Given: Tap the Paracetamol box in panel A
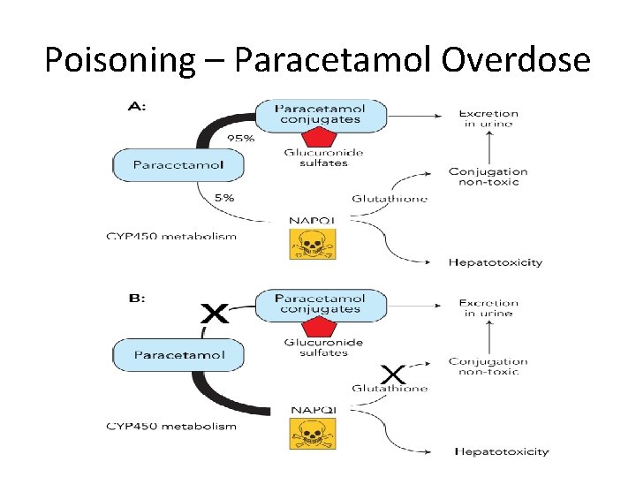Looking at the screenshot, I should point(178,164).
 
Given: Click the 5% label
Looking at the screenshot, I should point(224,198).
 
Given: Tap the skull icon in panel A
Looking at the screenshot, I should point(313,243).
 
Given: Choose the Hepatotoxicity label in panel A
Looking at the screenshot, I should point(496,262).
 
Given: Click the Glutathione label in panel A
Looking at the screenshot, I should point(390,199).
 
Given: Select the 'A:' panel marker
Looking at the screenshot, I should point(139,106).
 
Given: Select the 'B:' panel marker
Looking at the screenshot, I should point(139,299).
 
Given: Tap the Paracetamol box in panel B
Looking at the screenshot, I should point(179,355).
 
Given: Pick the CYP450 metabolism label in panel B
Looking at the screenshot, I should point(171,427).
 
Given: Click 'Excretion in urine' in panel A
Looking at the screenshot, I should point(488,118).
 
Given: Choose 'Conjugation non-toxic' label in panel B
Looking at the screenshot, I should point(488,366).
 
